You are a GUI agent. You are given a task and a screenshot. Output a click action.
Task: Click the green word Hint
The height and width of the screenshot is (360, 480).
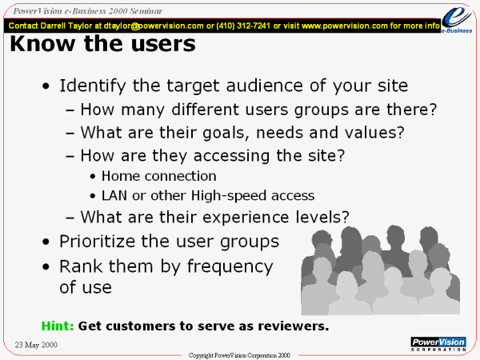[x=58, y=326]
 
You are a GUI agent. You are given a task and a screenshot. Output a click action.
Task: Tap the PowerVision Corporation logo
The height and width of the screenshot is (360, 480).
[x=438, y=344]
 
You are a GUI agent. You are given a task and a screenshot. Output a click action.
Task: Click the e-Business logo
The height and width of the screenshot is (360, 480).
[x=457, y=19]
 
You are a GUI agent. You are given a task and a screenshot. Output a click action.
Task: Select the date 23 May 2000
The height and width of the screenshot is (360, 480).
[x=36, y=345]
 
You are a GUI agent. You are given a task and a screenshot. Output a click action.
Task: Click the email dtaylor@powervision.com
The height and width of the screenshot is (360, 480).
[x=154, y=26]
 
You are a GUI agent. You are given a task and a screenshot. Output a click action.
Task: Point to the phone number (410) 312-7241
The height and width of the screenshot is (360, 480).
[x=243, y=26]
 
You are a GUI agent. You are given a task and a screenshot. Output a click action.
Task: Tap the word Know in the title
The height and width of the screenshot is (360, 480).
[x=42, y=43]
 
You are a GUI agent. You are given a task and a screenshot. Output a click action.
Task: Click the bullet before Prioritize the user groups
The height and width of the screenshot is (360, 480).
[x=46, y=242]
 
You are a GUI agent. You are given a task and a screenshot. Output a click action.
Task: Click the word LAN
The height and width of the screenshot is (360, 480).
[x=114, y=196]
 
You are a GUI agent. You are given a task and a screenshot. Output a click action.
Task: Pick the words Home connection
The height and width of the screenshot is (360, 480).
[x=159, y=176]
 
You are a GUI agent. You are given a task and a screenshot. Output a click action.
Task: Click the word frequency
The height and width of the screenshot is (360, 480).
[x=230, y=267]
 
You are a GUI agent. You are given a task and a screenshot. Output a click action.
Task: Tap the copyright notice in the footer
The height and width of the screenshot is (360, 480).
[x=239, y=355]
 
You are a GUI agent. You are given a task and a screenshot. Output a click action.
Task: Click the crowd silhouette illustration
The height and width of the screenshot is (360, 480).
[x=381, y=270]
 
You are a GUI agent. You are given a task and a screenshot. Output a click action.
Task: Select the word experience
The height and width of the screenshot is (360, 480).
[x=246, y=218]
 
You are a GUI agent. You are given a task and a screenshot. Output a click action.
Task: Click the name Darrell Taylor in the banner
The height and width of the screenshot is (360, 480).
[x=66, y=26]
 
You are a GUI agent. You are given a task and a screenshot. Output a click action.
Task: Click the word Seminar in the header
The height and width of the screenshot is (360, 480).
[x=146, y=11]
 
